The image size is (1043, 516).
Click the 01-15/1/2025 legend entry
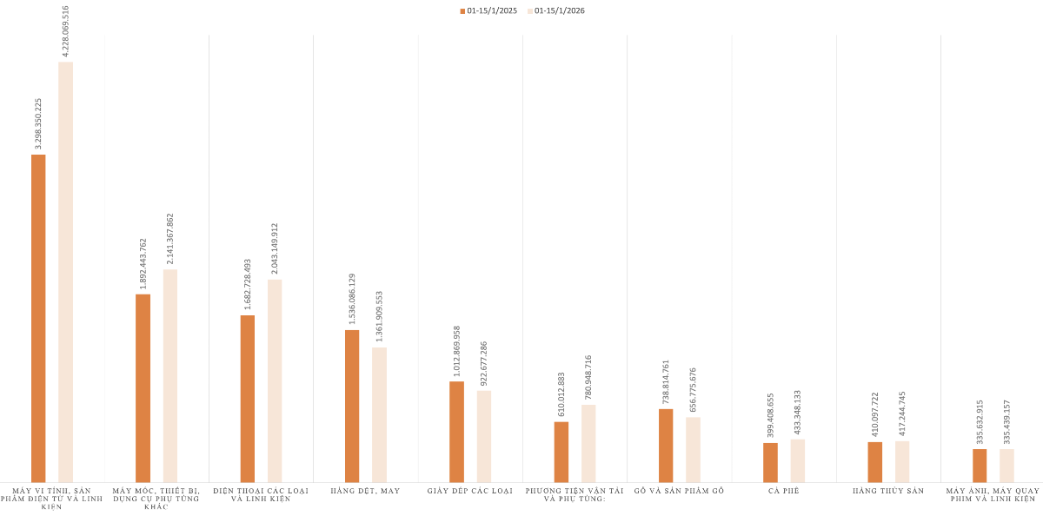488,11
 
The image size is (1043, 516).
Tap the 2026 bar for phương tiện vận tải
588,443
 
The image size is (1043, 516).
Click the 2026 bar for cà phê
798,460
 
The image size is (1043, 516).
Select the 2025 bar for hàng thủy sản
874,461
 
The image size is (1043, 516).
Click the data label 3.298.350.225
38,123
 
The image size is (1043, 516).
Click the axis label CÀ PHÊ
784,491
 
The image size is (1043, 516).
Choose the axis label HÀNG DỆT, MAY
365,491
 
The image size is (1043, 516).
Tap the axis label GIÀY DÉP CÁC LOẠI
470,491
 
